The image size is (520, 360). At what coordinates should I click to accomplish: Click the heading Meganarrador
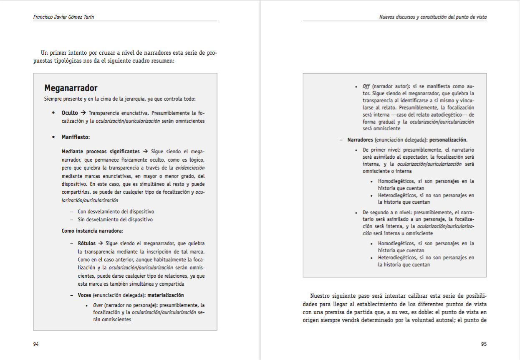(71, 88)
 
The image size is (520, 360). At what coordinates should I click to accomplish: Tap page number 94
(36, 344)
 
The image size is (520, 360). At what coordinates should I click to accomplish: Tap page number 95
(484, 344)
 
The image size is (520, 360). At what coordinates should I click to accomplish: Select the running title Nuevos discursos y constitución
(433, 17)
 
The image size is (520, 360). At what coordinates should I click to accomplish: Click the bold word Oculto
(70, 113)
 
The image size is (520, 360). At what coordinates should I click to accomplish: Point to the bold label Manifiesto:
(76, 137)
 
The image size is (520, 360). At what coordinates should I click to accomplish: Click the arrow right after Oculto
(83, 113)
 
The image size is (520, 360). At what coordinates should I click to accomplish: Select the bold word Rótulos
(87, 243)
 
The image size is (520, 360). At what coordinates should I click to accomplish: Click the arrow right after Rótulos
(101, 243)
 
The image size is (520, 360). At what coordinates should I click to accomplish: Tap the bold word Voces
(84, 295)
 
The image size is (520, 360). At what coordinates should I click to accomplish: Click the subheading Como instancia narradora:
(92, 231)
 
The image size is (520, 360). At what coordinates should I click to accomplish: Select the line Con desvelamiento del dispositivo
(116, 212)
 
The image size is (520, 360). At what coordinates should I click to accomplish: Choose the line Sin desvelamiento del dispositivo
(115, 219)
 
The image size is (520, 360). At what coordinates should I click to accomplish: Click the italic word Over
(97, 305)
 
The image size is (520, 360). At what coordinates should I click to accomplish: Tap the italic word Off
(366, 86)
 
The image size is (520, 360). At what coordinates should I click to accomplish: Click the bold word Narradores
(361, 140)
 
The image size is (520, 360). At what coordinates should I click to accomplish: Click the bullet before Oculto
(53, 113)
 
